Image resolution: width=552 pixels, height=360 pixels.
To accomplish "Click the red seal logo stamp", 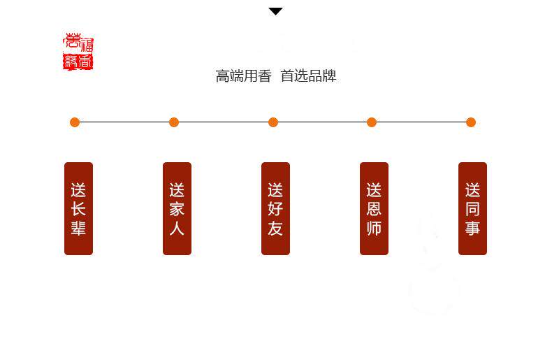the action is pyautogui.click(x=78, y=52).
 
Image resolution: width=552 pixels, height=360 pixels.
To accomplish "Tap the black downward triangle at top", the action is pyautogui.click(x=276, y=11).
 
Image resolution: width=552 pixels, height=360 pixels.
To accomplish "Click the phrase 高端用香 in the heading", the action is pyautogui.click(x=243, y=76).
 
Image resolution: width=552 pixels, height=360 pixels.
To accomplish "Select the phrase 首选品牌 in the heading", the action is pyautogui.click(x=308, y=76).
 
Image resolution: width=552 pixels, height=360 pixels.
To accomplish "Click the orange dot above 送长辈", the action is pyautogui.click(x=75, y=122).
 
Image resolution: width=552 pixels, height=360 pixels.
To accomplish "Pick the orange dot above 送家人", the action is pyautogui.click(x=174, y=122).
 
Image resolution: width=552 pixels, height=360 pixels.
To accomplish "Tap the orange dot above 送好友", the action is pyautogui.click(x=273, y=122).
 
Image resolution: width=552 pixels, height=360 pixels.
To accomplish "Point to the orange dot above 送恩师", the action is pyautogui.click(x=372, y=122).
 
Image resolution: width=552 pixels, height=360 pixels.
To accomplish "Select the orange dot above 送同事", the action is pyautogui.click(x=471, y=122).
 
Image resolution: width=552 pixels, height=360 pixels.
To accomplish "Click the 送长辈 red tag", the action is pyautogui.click(x=78, y=208).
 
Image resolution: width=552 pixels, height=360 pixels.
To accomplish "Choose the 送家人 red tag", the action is pyautogui.click(x=177, y=208).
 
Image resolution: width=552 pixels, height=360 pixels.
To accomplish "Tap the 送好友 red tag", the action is pyautogui.click(x=275, y=208).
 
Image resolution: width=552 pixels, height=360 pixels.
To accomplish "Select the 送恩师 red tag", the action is pyautogui.click(x=374, y=208).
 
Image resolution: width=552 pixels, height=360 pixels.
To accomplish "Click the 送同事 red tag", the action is pyautogui.click(x=472, y=208).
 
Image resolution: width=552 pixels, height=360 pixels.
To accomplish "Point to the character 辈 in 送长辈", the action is pyautogui.click(x=78, y=228).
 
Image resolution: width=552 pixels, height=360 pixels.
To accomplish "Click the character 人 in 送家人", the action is pyautogui.click(x=177, y=228).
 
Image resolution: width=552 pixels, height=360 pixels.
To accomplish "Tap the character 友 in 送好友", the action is pyautogui.click(x=275, y=228).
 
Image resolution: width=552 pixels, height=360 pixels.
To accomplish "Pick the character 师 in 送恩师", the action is pyautogui.click(x=374, y=228).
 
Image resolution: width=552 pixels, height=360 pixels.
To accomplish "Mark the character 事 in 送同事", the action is pyautogui.click(x=472, y=228).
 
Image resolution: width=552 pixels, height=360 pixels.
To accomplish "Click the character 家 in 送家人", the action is pyautogui.click(x=177, y=209).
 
